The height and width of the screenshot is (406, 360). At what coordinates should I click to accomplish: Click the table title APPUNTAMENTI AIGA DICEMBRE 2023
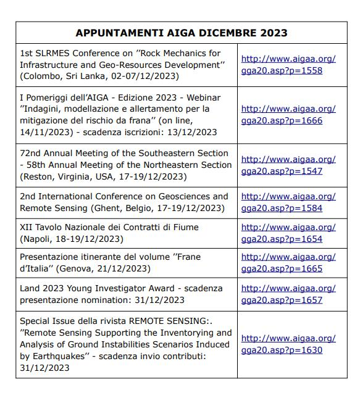point(181,33)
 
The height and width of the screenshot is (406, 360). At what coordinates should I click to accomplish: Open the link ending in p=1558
point(288,65)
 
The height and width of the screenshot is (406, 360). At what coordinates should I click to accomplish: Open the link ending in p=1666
point(288,115)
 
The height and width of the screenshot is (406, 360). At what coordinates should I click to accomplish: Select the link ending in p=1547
point(288,165)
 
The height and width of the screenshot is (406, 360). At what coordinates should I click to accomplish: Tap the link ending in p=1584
point(288,202)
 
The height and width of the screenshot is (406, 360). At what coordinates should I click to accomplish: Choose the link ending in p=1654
point(288,233)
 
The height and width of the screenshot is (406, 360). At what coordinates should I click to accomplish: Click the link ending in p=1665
point(288,263)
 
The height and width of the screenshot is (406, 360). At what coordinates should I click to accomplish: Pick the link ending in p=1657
point(288,294)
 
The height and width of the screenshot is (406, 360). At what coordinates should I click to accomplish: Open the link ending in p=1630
point(288,344)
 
